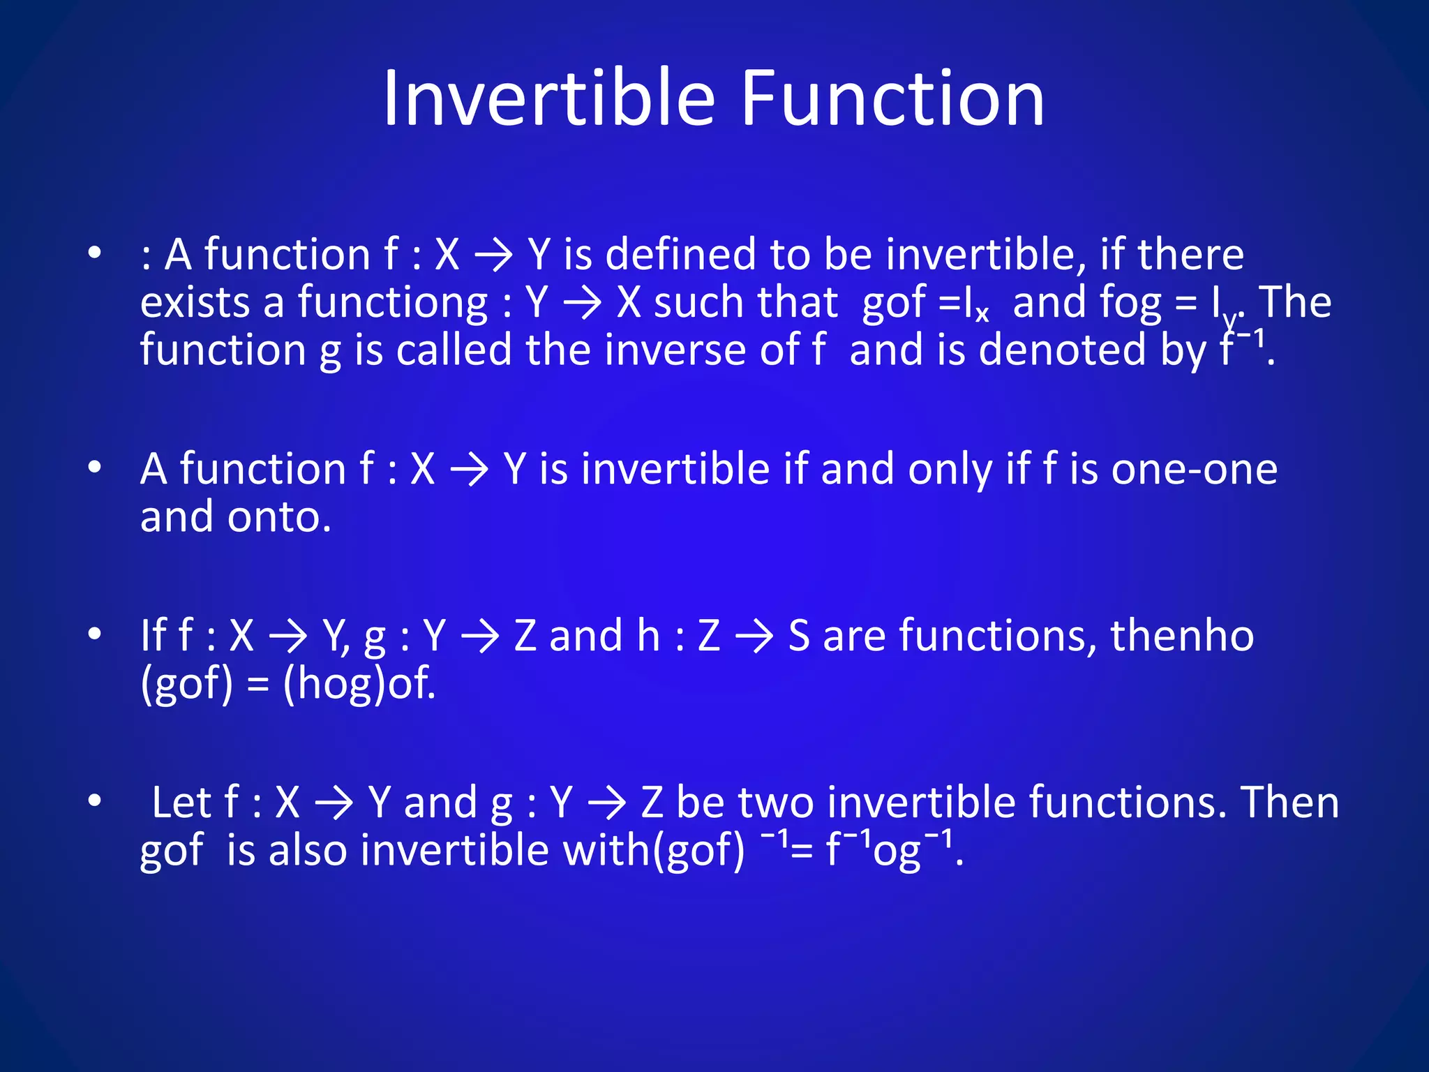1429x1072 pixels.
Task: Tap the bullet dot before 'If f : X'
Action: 95,634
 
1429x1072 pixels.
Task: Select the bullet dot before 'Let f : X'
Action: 95,801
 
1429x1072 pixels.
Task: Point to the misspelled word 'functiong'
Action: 393,303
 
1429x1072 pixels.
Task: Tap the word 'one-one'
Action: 1194,469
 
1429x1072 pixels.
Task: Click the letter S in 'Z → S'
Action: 799,636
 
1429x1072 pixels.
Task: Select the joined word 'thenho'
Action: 1181,636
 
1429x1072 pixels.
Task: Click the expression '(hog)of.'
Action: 359,683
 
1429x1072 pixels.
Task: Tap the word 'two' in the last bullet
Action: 775,803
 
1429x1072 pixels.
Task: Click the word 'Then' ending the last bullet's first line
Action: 1290,803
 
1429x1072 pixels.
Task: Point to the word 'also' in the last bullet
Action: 308,851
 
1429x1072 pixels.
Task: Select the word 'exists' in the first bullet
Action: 195,303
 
